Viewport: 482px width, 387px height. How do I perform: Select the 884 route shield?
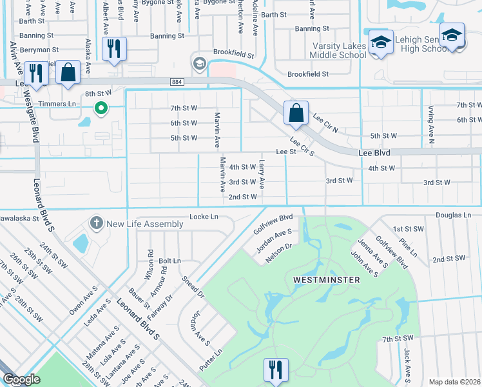(177, 82)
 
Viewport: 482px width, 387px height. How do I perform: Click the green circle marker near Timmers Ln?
(100, 108)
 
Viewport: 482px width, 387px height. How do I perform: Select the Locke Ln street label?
(204, 217)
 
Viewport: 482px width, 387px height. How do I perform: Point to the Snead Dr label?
(192, 286)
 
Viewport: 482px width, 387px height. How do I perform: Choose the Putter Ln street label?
(211, 361)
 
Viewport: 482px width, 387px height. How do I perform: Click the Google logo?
(21, 379)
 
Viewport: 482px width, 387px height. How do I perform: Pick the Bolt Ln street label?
(169, 261)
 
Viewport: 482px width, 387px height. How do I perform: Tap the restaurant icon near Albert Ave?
(114, 49)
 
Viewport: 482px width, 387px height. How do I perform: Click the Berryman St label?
(39, 49)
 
